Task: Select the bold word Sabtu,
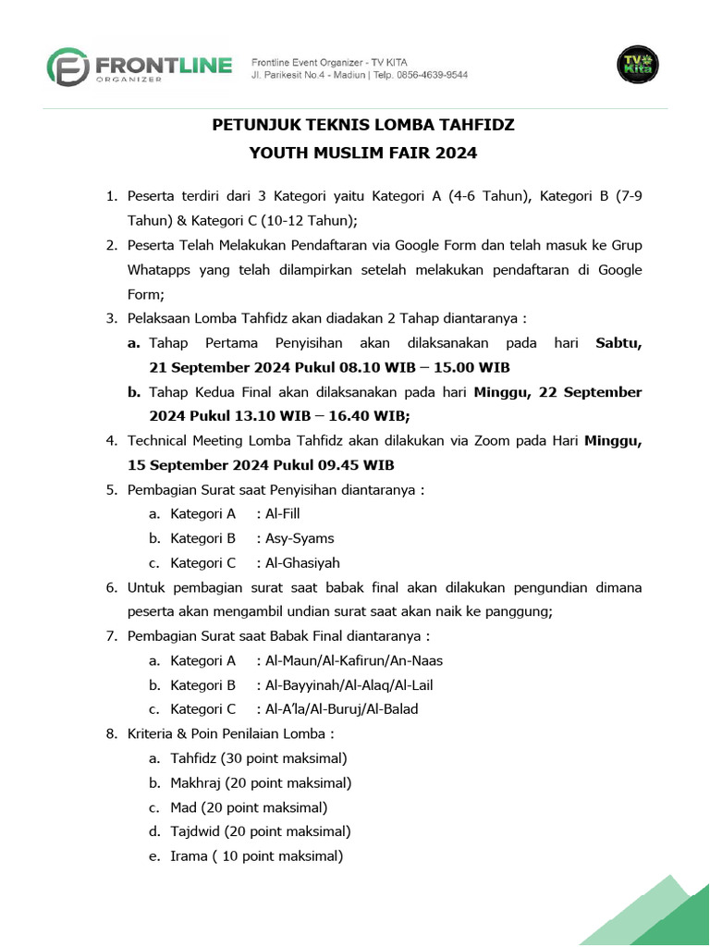[x=618, y=343]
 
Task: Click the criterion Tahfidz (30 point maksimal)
[x=258, y=758]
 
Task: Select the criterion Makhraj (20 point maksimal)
[x=261, y=783]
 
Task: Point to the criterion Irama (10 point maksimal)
[x=256, y=856]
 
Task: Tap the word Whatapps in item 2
[x=159, y=270]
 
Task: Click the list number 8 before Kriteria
[x=110, y=734]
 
